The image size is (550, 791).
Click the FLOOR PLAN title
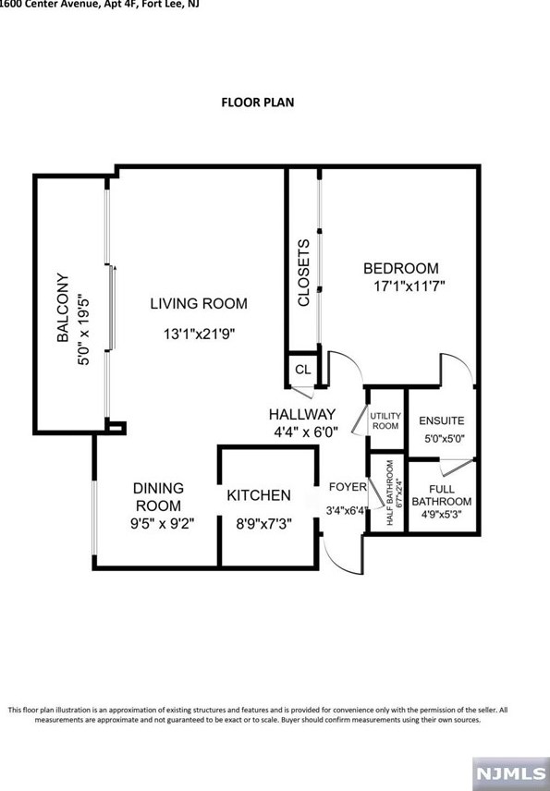click(257, 102)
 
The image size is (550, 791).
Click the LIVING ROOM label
click(199, 303)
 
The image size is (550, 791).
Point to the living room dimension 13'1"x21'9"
click(200, 335)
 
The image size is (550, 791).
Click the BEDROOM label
click(400, 269)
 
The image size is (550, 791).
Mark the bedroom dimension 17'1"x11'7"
click(404, 286)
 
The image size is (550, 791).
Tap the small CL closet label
click(302, 370)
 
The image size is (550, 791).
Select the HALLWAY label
click(302, 414)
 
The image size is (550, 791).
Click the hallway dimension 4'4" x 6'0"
click(306, 431)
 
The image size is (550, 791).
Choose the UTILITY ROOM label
click(385, 421)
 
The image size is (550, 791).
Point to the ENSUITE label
click(442, 421)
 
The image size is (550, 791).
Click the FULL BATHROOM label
click(441, 494)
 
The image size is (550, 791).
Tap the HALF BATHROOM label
click(390, 493)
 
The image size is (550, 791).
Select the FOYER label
click(348, 487)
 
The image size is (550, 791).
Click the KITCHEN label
click(259, 496)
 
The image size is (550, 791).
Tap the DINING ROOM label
click(158, 496)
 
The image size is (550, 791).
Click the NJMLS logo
click(509, 769)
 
